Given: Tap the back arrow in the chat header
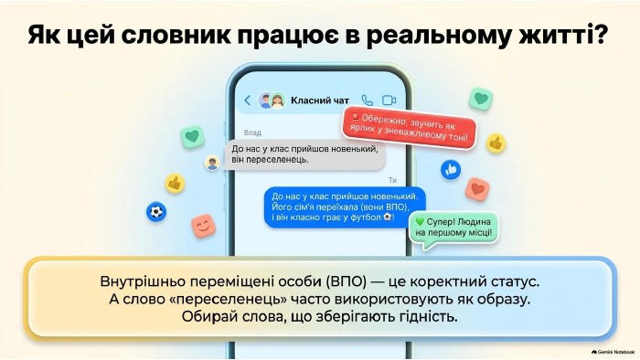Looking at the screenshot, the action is (248, 101).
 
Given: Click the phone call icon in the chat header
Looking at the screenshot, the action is (368, 101).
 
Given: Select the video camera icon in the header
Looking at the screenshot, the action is (389, 101).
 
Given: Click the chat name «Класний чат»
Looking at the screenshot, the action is (320, 101).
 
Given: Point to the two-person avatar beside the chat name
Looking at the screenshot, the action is (272, 101).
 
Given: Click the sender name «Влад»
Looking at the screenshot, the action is (252, 132).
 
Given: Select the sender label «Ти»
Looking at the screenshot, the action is (392, 180).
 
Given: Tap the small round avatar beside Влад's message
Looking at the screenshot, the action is (212, 163).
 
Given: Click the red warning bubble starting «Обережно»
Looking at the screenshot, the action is (410, 127).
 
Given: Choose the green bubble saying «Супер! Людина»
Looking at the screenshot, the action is (453, 229).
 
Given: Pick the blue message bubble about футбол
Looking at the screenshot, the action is (345, 206).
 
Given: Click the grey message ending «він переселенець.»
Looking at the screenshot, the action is (304, 154).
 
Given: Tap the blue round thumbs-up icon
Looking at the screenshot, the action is (451, 169).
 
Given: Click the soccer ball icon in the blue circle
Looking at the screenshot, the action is (156, 212).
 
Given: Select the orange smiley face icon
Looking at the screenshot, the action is (204, 226).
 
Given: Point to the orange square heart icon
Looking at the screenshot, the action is (477, 189).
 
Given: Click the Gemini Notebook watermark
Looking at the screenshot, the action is (613, 352).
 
